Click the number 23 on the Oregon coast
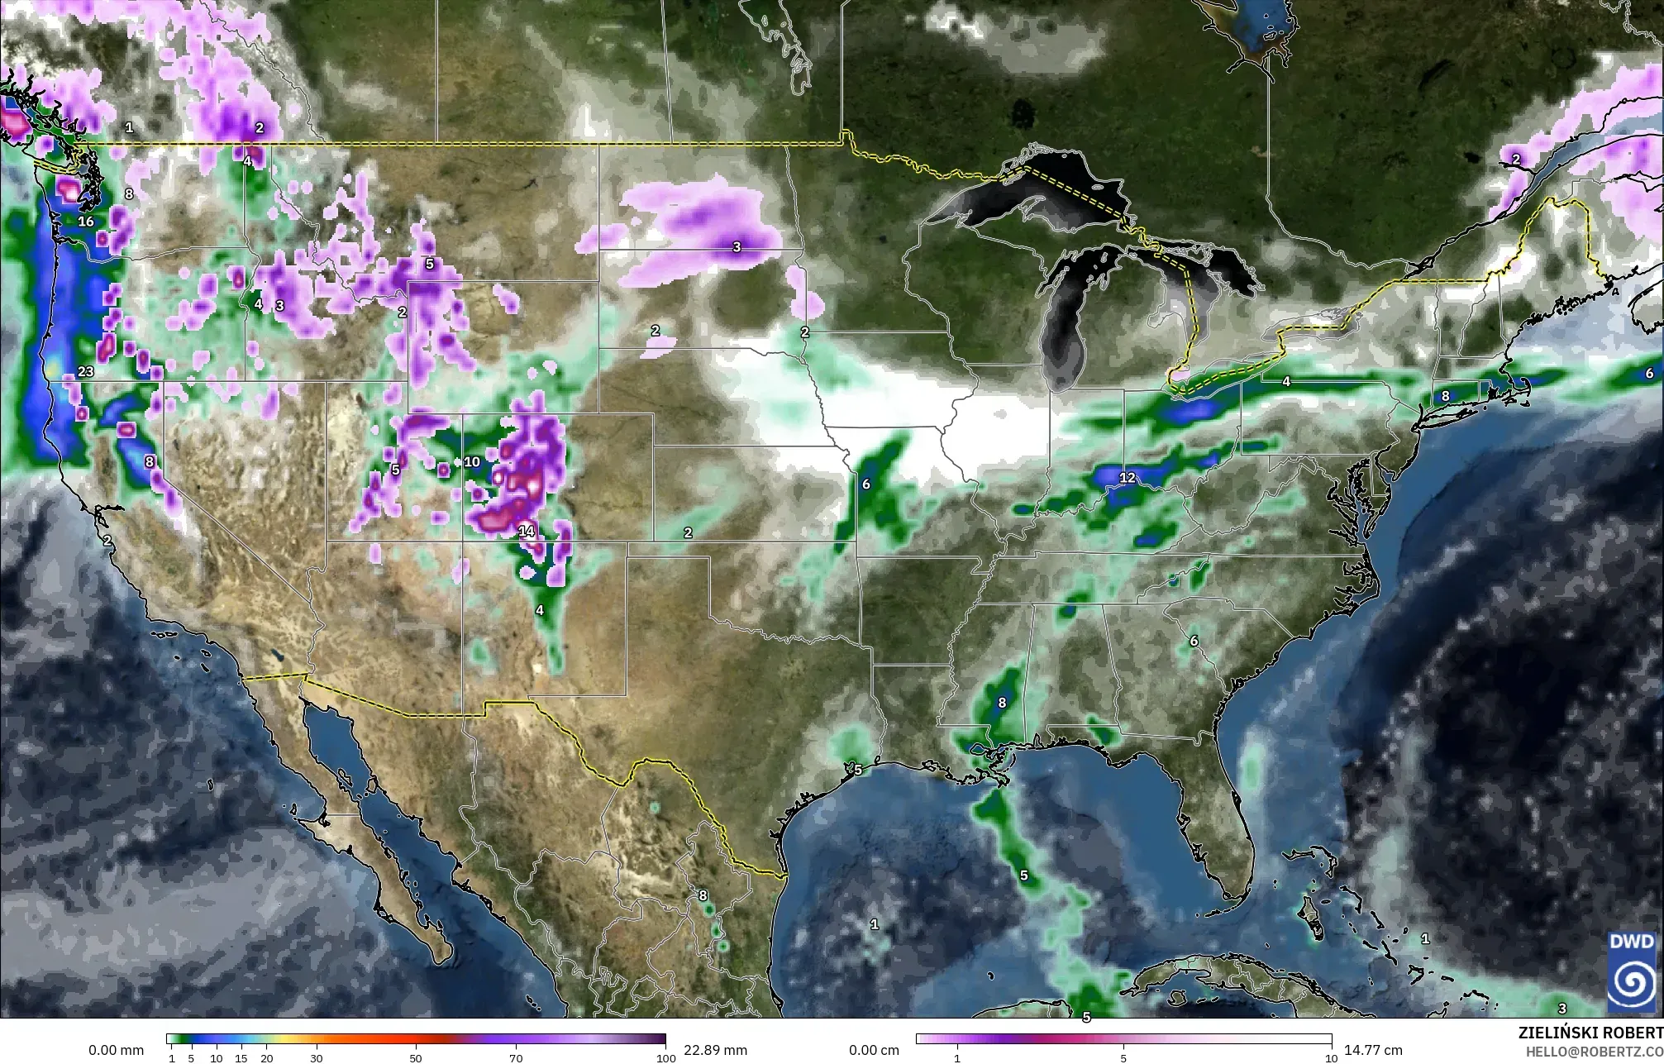point(86,372)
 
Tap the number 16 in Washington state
point(86,222)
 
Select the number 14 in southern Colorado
point(527,532)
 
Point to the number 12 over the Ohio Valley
point(1128,478)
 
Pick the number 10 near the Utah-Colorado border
point(472,462)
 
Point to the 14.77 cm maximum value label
point(1373,1050)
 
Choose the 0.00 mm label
point(116,1050)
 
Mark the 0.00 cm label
point(875,1050)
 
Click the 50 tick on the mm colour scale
point(416,1058)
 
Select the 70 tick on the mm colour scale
point(516,1058)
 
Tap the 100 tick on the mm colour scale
point(661,1058)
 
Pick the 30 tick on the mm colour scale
point(317,1058)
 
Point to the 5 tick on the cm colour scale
point(1123,1058)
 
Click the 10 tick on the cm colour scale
point(1330,1058)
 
